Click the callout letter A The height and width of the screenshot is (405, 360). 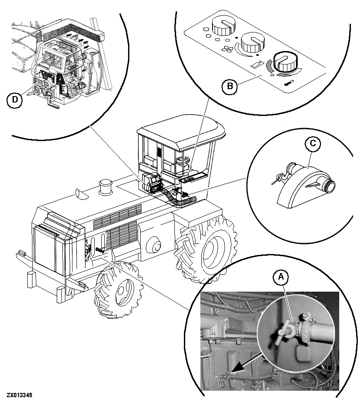pos(281,277)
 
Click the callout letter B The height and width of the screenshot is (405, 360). pos(230,86)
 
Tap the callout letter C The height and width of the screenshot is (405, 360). pos(312,143)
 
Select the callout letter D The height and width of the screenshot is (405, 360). pos(15,99)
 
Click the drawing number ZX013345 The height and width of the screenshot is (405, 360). pos(19,395)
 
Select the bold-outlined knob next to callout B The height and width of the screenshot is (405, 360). pos(284,62)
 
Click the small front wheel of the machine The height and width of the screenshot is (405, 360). pos(119,289)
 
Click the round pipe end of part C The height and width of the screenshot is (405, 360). pos(330,186)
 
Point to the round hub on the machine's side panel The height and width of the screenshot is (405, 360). pos(154,244)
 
